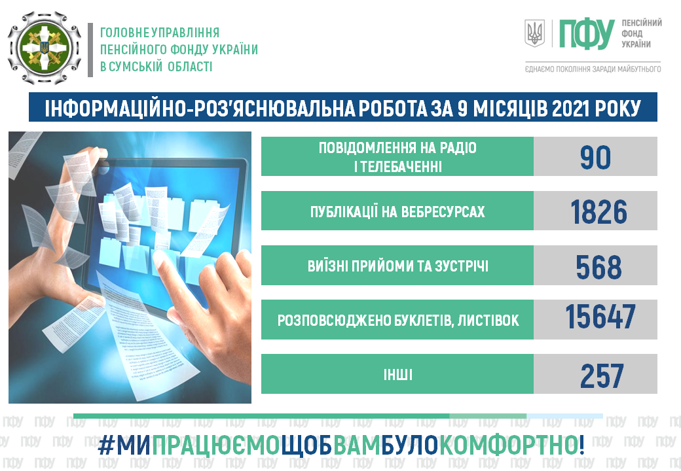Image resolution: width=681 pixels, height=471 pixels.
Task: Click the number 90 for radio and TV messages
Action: (595, 157)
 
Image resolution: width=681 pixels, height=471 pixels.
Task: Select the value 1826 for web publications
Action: (598, 212)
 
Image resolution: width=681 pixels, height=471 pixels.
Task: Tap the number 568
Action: (598, 266)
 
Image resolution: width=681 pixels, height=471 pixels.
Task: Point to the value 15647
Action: (600, 317)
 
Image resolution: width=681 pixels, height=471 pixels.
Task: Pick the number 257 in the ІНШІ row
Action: (602, 376)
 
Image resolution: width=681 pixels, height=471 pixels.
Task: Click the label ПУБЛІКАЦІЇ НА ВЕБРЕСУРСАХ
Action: (397, 212)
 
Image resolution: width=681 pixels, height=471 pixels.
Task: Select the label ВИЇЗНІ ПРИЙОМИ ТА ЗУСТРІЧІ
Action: (398, 266)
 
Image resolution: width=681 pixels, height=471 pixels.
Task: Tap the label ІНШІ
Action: (398, 375)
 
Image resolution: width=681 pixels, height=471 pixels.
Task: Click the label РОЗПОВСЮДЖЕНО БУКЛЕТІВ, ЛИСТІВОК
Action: (398, 321)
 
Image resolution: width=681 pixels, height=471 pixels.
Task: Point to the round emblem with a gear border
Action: (45, 48)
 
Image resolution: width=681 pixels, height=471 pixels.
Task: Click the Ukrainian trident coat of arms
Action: (534, 33)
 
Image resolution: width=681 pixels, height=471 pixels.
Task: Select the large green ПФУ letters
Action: (586, 34)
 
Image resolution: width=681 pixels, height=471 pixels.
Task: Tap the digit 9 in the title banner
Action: (462, 109)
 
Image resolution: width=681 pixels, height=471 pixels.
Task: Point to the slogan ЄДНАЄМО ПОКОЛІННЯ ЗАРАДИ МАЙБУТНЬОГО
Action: (593, 69)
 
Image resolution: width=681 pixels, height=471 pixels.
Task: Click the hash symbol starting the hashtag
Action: (105, 445)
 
